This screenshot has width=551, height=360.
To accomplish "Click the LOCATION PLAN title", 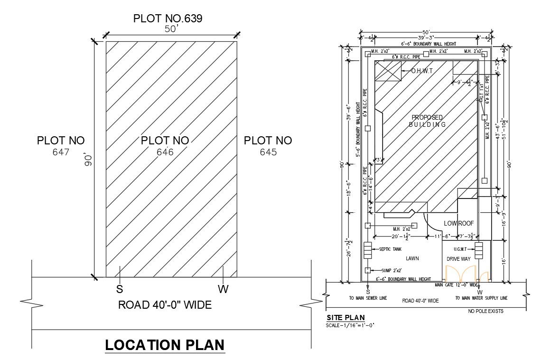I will tap(165, 345).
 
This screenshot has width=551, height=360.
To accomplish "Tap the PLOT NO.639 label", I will tap(168, 19).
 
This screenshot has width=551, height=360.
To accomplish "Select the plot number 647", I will tap(61, 152).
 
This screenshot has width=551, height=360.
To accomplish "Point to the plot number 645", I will tap(268, 152).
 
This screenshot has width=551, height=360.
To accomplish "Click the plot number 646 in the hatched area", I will tap(165, 152).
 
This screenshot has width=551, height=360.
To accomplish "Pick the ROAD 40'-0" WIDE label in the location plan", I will tap(165, 305).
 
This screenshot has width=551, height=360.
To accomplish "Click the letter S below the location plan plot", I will tap(120, 289).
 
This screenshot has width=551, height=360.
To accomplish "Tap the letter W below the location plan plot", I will tap(222, 289).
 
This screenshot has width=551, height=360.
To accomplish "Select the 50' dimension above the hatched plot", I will tap(171, 29).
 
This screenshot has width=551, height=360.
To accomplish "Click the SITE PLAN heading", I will tap(346, 318).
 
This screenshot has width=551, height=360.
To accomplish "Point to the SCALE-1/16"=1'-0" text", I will tap(350, 326).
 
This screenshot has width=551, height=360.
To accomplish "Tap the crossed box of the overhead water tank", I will tap(388, 71).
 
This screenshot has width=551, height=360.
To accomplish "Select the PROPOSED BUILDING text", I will tap(427, 121).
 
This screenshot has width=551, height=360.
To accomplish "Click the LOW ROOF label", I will tap(459, 223).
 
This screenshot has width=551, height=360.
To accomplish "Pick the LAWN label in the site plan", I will tap(412, 259).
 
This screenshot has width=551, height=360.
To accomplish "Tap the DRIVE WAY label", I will tap(458, 259).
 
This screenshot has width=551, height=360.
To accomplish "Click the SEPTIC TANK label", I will tap(390, 249).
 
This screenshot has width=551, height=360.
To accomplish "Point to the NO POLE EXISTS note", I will tap(486, 312).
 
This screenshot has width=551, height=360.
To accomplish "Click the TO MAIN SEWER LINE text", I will tap(368, 298).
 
